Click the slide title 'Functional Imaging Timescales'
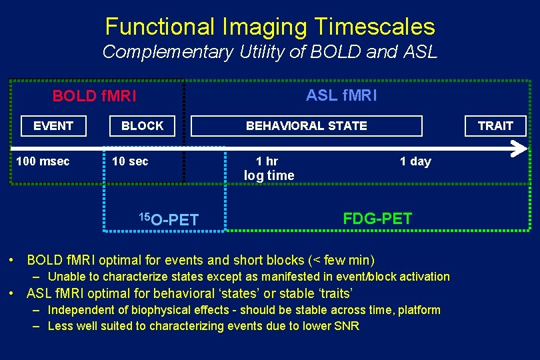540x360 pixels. pyautogui.click(x=270, y=27)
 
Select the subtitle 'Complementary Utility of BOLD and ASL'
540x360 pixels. pyautogui.click(x=270, y=52)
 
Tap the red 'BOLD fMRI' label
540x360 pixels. pyautogui.click(x=94, y=96)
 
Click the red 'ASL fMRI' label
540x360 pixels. pyautogui.click(x=341, y=95)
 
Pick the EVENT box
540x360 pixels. pyautogui.click(x=53, y=126)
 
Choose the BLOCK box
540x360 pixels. pyautogui.click(x=142, y=126)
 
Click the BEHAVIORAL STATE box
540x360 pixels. pyautogui.click(x=306, y=126)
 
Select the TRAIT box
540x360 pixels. pyautogui.click(x=495, y=126)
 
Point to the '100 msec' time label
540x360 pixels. pyautogui.click(x=43, y=161)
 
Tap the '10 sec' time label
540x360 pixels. pyautogui.click(x=130, y=161)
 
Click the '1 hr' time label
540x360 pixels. pyautogui.click(x=267, y=161)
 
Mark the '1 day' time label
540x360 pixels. pyautogui.click(x=415, y=161)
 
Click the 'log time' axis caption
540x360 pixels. pyautogui.click(x=269, y=176)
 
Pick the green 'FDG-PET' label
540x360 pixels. pyautogui.click(x=377, y=219)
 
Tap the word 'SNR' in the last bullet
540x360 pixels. pyautogui.click(x=347, y=326)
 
